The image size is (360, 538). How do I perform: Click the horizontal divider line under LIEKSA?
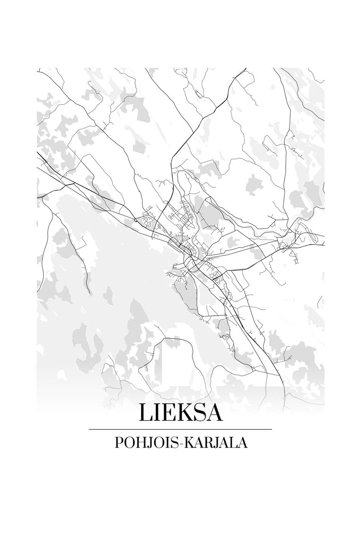(x=180, y=429)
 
